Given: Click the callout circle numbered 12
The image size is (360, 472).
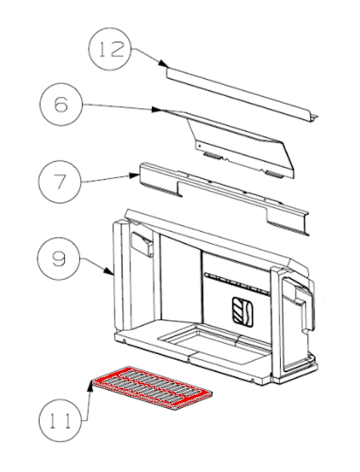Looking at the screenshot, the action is [111, 49].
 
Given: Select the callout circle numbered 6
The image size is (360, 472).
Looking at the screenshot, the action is [61, 104].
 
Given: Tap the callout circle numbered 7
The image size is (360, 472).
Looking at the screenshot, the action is [60, 182].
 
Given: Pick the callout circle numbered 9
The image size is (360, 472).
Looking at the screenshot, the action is [58, 259].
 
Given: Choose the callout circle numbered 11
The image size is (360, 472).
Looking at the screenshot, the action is [60, 420].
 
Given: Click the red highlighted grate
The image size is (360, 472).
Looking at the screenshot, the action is [152, 389].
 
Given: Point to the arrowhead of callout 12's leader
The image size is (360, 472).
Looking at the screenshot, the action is [163, 64].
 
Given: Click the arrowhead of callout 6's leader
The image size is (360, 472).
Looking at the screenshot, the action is [157, 109].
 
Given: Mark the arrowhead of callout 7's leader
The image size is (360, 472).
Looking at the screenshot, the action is [135, 175].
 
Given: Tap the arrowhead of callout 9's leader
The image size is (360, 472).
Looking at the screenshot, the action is [109, 271].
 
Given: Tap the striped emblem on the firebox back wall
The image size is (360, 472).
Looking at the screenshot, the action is [243, 312].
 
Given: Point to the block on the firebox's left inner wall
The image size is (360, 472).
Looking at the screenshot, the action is [142, 243].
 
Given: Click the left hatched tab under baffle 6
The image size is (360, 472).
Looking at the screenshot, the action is [213, 156].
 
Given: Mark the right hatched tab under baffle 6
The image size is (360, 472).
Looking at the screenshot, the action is [274, 174].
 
